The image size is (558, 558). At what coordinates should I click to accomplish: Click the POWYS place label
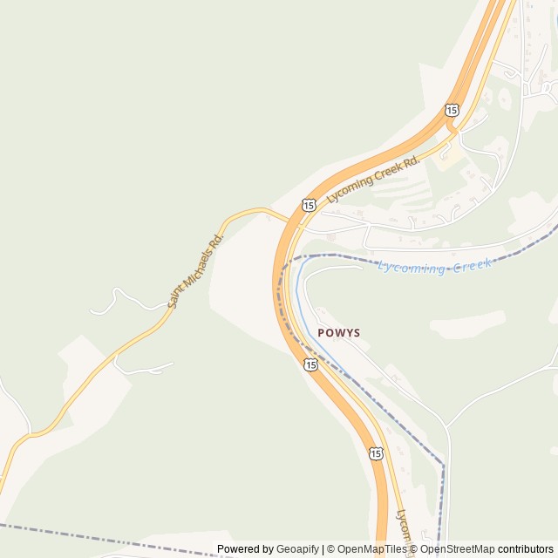339,332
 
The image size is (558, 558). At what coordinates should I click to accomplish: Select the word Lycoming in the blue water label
411,267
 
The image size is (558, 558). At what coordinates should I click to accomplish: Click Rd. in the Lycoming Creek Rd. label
411,160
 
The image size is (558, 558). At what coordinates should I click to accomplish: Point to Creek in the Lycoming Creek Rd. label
385,173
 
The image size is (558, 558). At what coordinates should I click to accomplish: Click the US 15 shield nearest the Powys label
310,364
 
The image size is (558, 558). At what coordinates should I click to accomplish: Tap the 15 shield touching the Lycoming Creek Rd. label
310,205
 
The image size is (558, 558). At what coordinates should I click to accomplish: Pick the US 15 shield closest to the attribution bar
375,453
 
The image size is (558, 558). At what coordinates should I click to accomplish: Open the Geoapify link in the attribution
298,549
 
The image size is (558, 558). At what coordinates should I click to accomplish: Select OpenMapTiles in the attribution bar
373,549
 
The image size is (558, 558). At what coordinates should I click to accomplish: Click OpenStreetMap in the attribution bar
458,549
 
